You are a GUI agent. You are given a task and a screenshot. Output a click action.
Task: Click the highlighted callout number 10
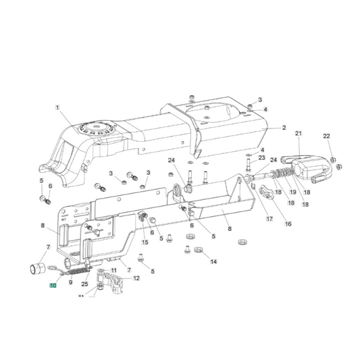(53, 286)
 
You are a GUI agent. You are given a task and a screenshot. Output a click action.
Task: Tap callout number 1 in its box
(57, 107)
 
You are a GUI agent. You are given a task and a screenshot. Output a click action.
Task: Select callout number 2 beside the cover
(284, 128)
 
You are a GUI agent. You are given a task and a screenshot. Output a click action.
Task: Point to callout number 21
(299, 133)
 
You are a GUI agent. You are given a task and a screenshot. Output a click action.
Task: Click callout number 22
(326, 136)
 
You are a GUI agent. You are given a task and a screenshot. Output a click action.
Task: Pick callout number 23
(262, 157)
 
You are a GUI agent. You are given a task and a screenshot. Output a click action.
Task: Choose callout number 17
(269, 219)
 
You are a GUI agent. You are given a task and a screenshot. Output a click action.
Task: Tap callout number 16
(288, 224)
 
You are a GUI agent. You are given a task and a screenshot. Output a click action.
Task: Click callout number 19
(292, 192)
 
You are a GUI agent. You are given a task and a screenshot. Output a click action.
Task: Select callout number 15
(145, 242)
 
